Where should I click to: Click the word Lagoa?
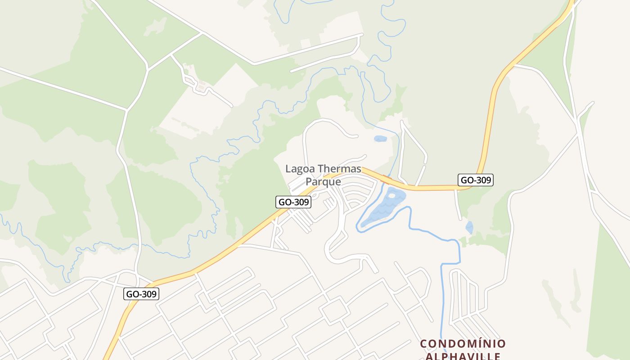pyautogui.click(x=300, y=169)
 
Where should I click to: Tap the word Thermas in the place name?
pyautogui.click(x=339, y=169)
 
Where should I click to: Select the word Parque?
pyautogui.click(x=323, y=182)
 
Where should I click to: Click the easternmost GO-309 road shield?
pyautogui.click(x=476, y=180)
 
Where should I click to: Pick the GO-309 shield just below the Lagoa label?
pyautogui.click(x=293, y=202)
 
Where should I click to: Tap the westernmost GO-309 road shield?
pyautogui.click(x=141, y=294)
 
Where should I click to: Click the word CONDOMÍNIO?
pyautogui.click(x=463, y=344)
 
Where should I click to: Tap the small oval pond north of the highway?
pyautogui.click(x=380, y=139)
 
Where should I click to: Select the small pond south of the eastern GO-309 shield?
pyautogui.click(x=469, y=227)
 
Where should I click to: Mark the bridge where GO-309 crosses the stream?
pyautogui.click(x=386, y=180)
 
